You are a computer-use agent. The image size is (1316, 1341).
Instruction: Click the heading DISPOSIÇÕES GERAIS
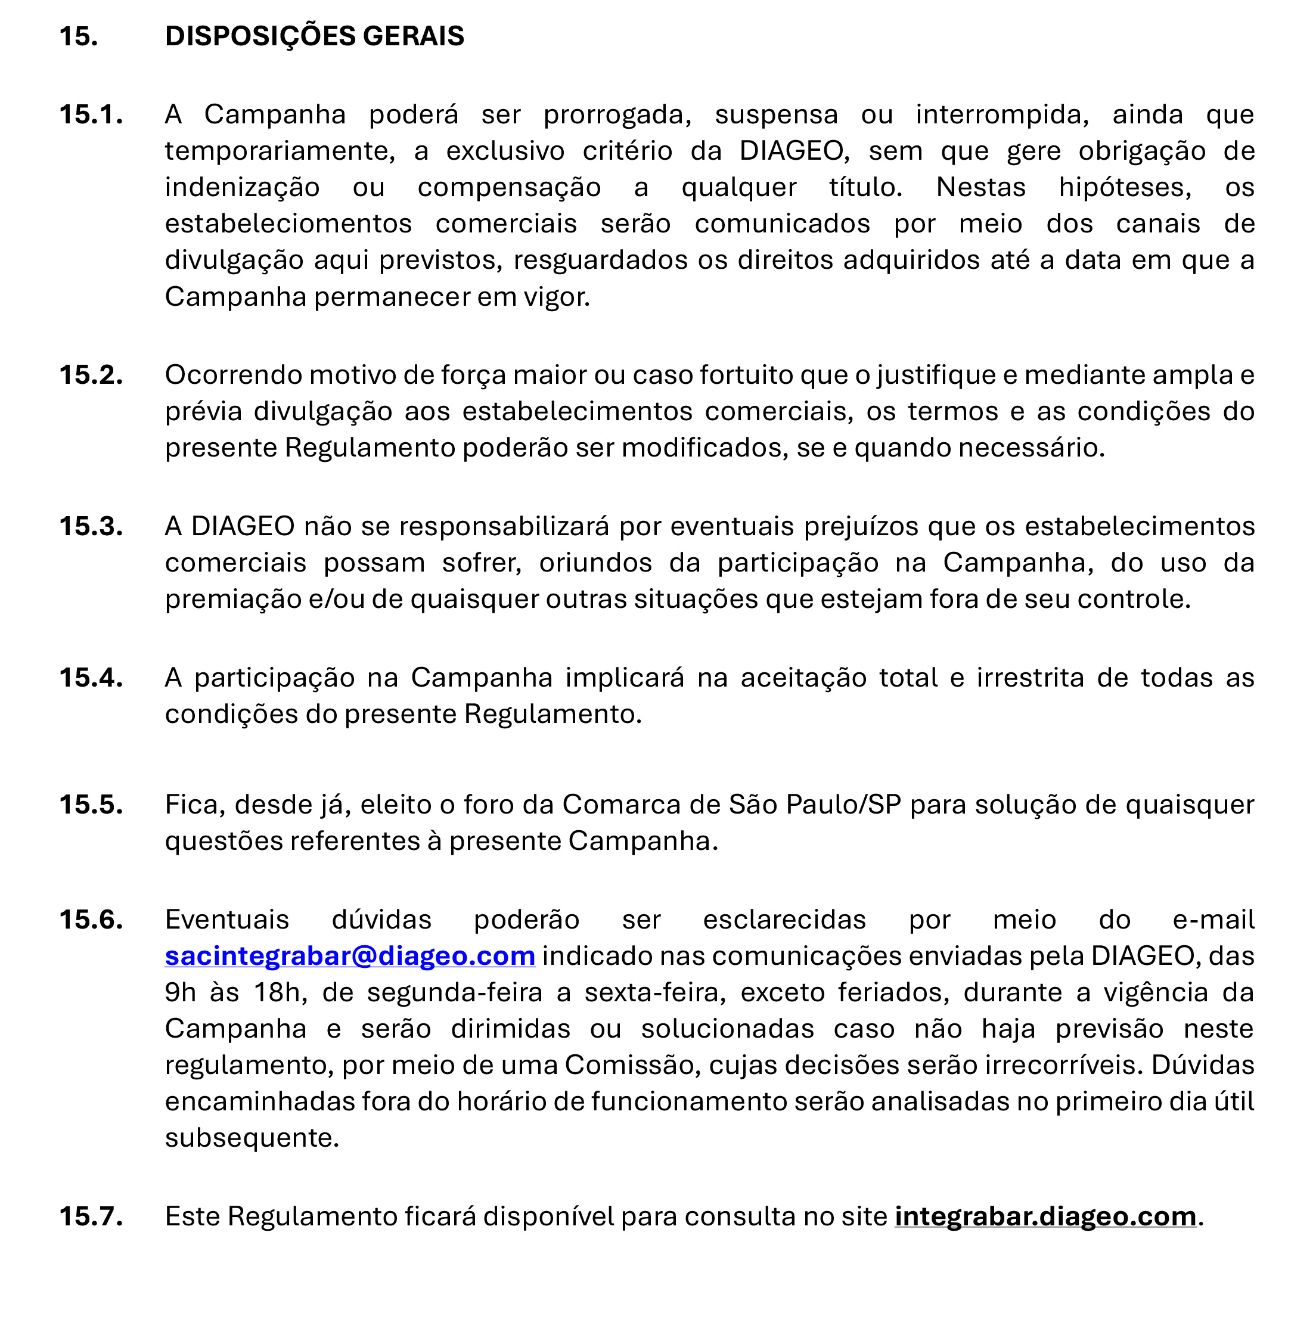click(x=315, y=36)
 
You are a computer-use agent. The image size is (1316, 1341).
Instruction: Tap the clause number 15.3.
click(x=91, y=526)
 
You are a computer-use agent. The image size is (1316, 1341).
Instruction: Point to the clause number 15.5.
click(x=91, y=805)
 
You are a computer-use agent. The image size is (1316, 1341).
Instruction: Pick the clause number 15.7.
click(x=91, y=1216)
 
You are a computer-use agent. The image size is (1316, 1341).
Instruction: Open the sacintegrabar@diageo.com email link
click(x=350, y=956)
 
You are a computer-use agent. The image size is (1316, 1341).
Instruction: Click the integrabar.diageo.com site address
click(x=1045, y=1216)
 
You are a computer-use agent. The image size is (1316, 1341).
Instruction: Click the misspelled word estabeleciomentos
click(x=288, y=224)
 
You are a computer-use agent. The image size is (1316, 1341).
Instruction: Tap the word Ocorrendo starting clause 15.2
click(x=233, y=375)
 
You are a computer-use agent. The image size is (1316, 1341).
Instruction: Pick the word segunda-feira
click(x=455, y=992)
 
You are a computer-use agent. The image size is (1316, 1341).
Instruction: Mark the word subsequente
click(x=252, y=1138)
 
